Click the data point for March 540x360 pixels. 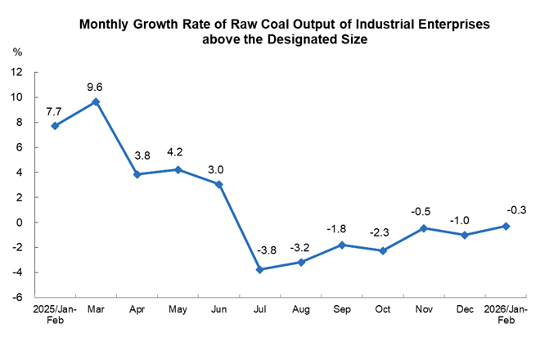pyautogui.click(x=96, y=101)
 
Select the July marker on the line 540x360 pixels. pyautogui.click(x=260, y=269)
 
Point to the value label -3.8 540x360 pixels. pyautogui.click(x=267, y=250)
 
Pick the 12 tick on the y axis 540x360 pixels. pyautogui.click(x=16, y=72)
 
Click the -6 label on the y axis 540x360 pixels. pyautogui.click(x=17, y=297)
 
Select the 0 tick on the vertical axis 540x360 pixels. pyautogui.click(x=20, y=223)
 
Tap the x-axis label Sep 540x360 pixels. pyautogui.click(x=342, y=312)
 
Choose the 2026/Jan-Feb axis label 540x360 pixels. pyautogui.click(x=506, y=317)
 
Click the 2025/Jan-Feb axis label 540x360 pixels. pyautogui.click(x=55, y=317)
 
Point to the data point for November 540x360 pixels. pyautogui.click(x=425, y=228)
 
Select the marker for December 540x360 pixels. pyautogui.click(x=466, y=235)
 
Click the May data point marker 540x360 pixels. pyautogui.click(x=178, y=169)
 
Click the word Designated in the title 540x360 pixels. pyautogui.click(x=286, y=40)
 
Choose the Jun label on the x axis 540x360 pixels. pyautogui.click(x=218, y=312)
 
